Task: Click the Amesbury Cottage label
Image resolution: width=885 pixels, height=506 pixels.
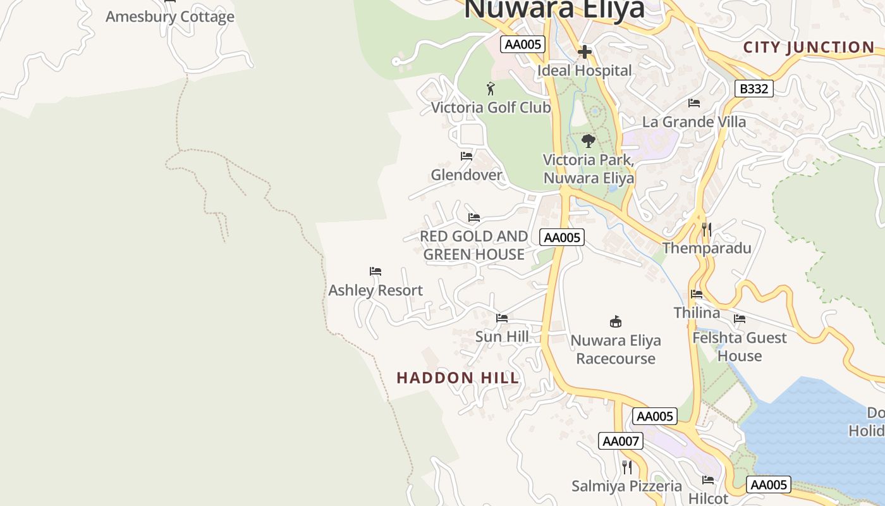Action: pos(169,16)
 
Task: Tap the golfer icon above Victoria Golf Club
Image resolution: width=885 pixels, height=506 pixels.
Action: pos(491,89)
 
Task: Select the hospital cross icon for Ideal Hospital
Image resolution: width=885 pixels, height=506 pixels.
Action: pos(585,52)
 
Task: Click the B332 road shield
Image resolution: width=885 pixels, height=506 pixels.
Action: pos(754,89)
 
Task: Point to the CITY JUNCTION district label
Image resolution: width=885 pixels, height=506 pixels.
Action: pos(809,47)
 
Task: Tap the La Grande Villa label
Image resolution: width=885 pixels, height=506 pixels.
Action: pos(694,121)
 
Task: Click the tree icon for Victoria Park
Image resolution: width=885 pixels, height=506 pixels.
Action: pos(589,140)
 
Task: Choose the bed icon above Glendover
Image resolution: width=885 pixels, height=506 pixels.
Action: pos(467,156)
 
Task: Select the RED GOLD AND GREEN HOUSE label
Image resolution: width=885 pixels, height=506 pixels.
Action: pos(474,245)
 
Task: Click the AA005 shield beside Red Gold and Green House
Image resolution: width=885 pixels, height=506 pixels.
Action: pos(562,237)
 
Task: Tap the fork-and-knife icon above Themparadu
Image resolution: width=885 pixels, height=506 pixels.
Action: pos(707,229)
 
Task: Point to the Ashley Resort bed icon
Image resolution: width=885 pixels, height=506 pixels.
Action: pos(375,271)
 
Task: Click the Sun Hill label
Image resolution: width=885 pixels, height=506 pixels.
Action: pos(502,336)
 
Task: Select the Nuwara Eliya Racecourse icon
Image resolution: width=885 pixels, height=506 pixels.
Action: pos(616,321)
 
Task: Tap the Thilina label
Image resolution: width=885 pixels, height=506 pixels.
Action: pos(697,312)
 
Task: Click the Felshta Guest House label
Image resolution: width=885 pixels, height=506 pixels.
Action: pos(740,347)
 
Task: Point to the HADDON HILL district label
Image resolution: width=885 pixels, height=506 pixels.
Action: pos(458,378)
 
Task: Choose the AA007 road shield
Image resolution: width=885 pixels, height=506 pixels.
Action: pos(621,441)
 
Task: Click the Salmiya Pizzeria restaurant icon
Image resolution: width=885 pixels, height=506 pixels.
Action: pos(626,467)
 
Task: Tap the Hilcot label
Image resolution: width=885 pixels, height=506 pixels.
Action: pos(708,498)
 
